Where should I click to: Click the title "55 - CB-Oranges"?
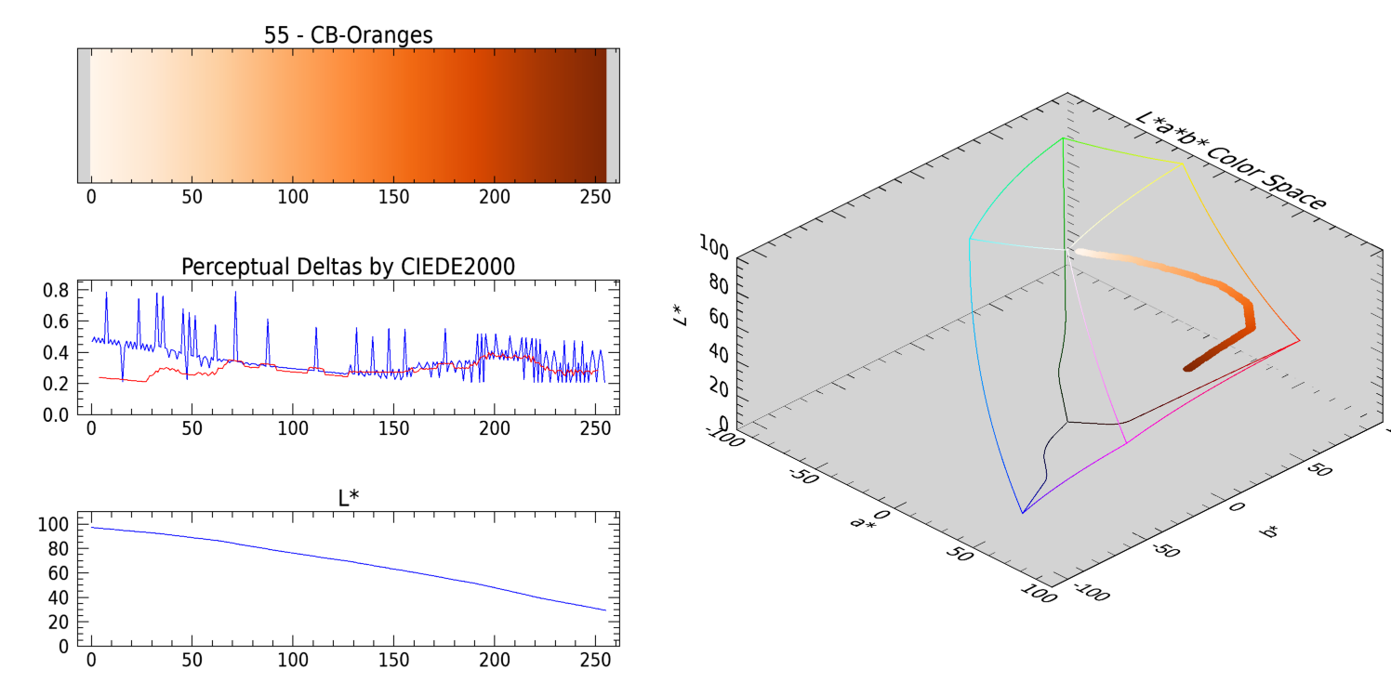coord(349,35)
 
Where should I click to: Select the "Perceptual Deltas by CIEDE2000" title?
coord(349,267)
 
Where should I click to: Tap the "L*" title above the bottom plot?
coord(349,498)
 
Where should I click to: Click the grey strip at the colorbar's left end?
coord(84,115)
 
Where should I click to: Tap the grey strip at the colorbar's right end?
coord(613,115)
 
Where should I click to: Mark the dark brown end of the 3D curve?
coord(1187,369)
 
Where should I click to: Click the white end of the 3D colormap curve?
coord(1077,250)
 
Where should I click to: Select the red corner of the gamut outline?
coord(1299,340)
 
